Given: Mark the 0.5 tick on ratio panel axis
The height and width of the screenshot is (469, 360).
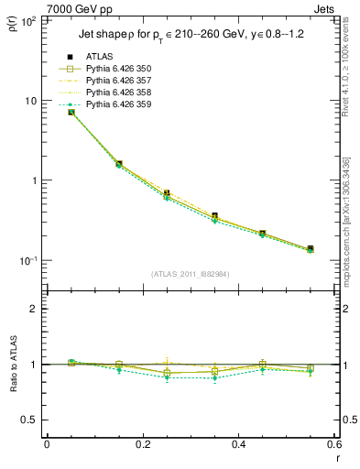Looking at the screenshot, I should coord(30,420).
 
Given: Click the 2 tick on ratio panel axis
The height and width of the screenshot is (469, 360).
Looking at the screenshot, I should coord(35,309).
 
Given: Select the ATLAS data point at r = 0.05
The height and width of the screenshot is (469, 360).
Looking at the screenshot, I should coord(71,112).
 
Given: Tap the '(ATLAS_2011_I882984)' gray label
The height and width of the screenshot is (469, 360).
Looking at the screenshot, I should coord(190,273).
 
